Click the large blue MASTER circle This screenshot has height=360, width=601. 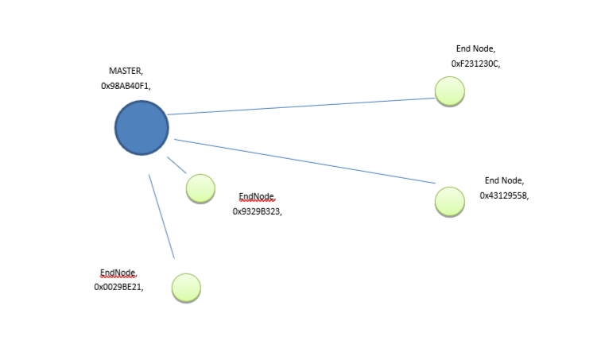click(x=142, y=127)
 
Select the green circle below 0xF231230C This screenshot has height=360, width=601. click(x=450, y=91)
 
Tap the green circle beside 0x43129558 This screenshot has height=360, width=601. click(x=450, y=201)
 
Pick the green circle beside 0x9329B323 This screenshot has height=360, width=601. click(x=200, y=188)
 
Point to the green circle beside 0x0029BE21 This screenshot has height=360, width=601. click(x=186, y=288)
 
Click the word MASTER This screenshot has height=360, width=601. click(x=125, y=72)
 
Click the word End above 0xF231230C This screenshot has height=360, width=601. click(x=463, y=49)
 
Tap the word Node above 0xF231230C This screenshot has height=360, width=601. click(x=484, y=49)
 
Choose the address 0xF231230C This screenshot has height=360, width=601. click(x=475, y=63)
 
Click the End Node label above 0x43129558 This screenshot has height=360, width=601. click(x=504, y=181)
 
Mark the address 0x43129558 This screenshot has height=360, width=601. click(x=504, y=195)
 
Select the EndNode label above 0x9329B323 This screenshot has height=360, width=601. click(x=257, y=197)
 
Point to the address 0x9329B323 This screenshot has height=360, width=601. click(x=257, y=211)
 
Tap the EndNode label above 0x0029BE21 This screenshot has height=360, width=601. click(x=118, y=273)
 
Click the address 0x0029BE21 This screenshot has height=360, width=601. click(x=118, y=287)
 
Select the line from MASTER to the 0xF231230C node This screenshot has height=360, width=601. click(x=302, y=106)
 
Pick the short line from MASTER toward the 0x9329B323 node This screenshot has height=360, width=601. click(x=176, y=165)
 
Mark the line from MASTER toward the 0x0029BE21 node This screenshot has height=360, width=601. click(x=161, y=216)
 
